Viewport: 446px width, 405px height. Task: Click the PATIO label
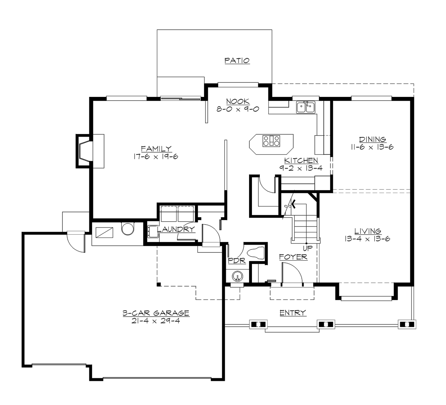click(x=237, y=61)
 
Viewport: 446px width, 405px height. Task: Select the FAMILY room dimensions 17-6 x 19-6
click(x=156, y=156)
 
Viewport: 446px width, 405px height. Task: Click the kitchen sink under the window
click(x=306, y=107)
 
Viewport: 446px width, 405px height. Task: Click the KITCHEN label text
click(x=301, y=160)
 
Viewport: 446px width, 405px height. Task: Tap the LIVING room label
click(x=367, y=231)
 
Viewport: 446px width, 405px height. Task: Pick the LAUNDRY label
click(x=176, y=230)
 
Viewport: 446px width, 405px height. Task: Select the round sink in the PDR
click(x=237, y=276)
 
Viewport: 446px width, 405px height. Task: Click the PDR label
click(x=237, y=261)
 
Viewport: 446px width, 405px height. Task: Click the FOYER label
click(x=293, y=257)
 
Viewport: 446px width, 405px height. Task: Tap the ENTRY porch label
click(x=293, y=313)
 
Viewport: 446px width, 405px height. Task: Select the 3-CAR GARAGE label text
click(x=156, y=313)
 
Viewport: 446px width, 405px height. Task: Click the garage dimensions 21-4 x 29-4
click(x=156, y=321)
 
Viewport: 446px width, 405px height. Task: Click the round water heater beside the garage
click(x=127, y=229)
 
